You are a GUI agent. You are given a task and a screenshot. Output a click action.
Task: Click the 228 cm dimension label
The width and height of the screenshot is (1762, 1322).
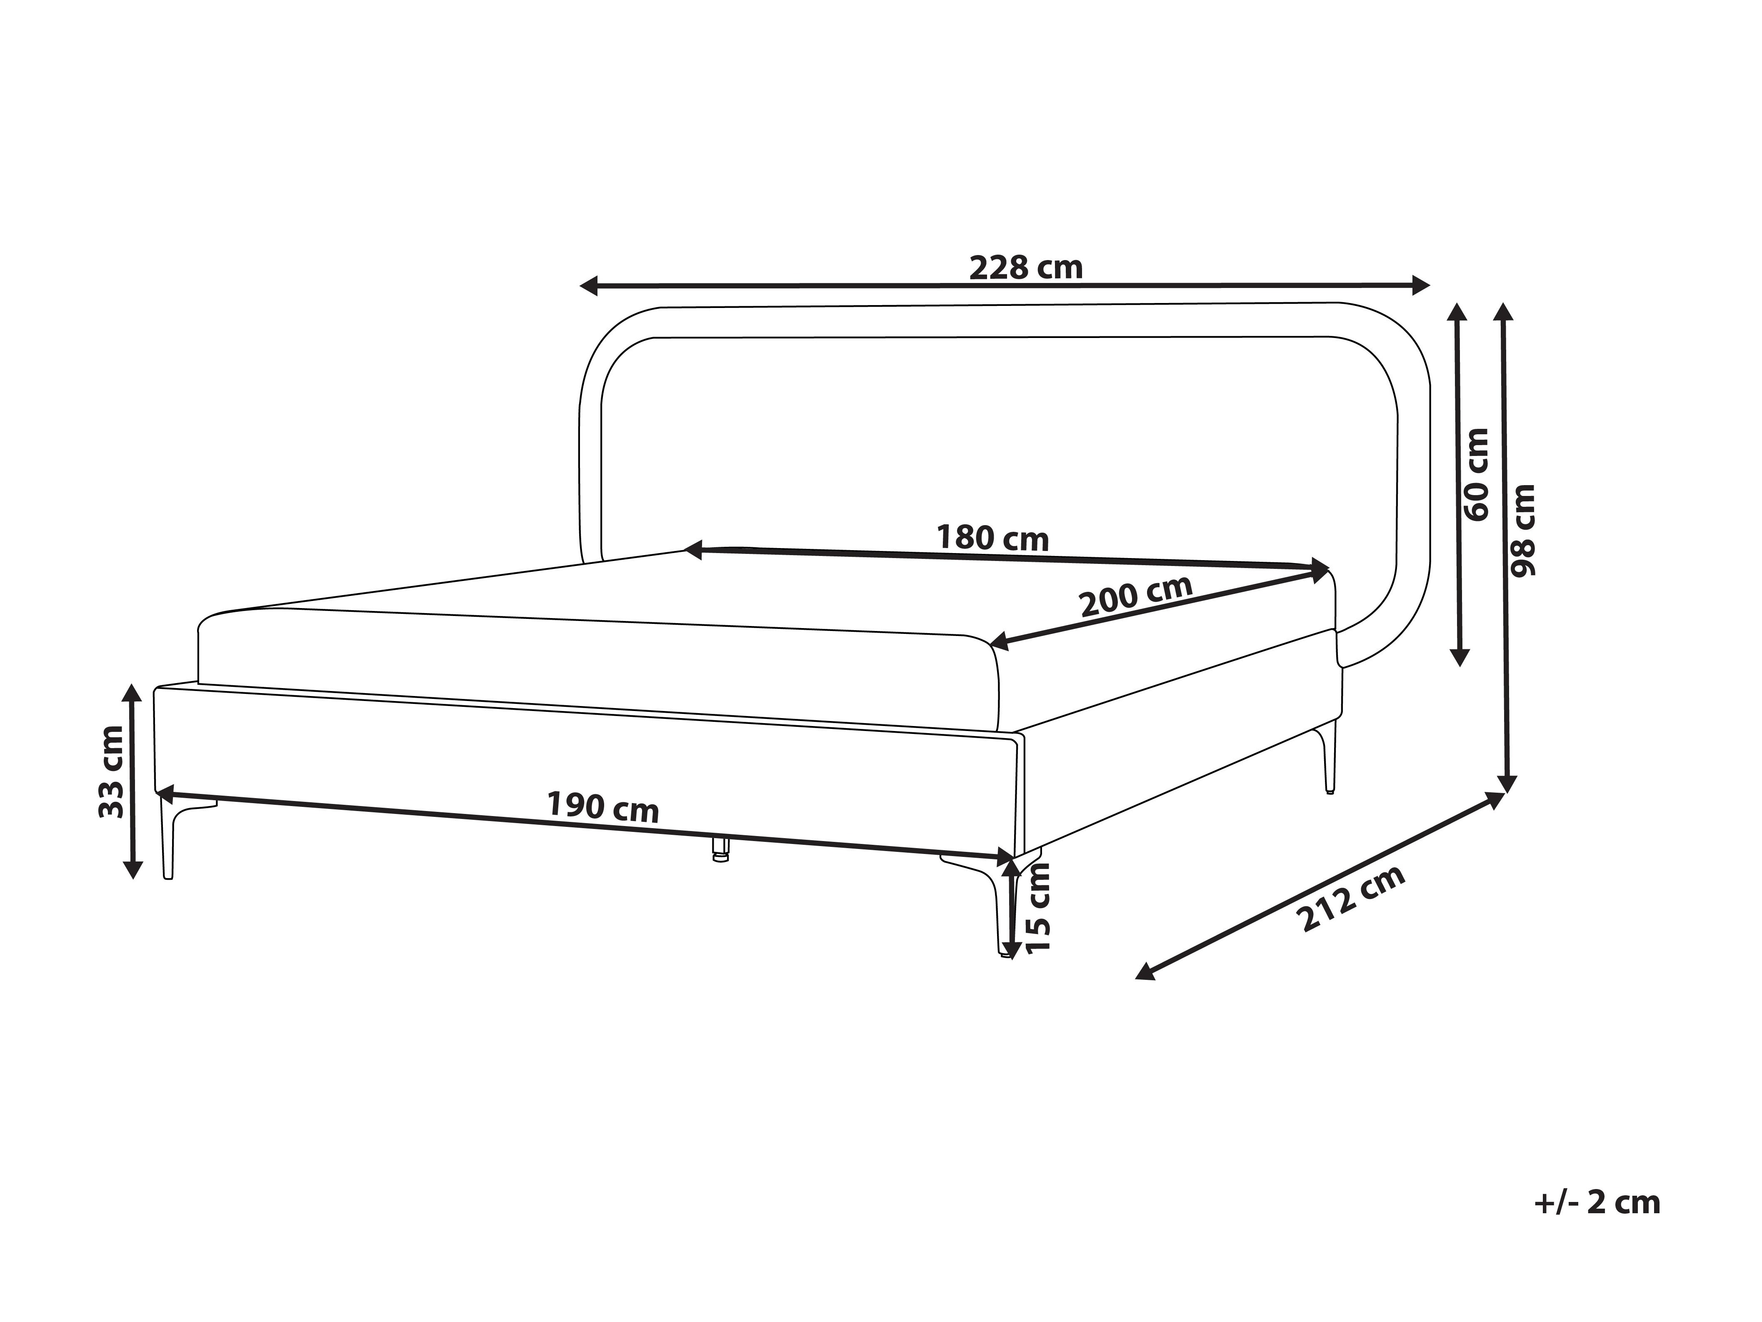pos(1026,268)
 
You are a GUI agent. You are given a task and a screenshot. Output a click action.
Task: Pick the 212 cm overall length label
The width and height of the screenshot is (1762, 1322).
pos(1352,898)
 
